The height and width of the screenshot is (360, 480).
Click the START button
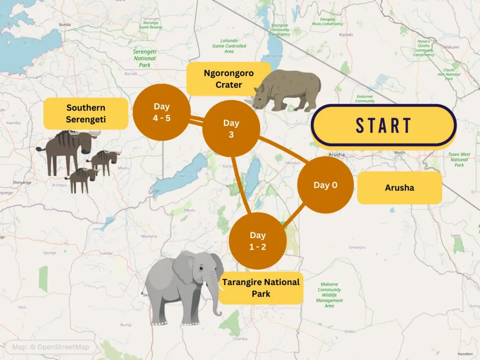pyautogui.click(x=383, y=126)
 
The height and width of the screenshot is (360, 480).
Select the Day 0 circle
pyautogui.click(x=325, y=185)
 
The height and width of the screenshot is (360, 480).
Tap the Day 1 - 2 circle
pyautogui.click(x=257, y=241)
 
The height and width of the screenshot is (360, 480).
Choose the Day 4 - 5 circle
pyautogui.click(x=161, y=112)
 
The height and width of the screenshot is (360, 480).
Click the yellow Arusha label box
pyautogui.click(x=399, y=188)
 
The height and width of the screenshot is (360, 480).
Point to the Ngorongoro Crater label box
pyautogui.click(x=228, y=79)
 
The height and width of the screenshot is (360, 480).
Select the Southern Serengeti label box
pyautogui.click(x=86, y=113)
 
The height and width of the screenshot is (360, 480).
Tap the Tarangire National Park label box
pyautogui.click(x=261, y=288)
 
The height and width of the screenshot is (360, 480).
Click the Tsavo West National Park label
pyautogui.click(x=459, y=159)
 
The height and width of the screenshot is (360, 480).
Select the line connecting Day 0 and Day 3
pyautogui.click(x=281, y=150)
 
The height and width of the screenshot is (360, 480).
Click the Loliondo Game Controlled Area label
pyautogui.click(x=229, y=46)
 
